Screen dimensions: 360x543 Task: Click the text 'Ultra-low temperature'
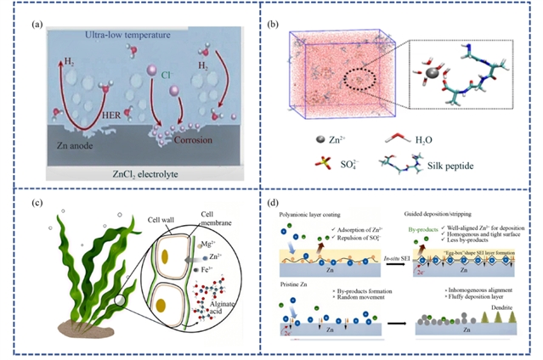(122, 35)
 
